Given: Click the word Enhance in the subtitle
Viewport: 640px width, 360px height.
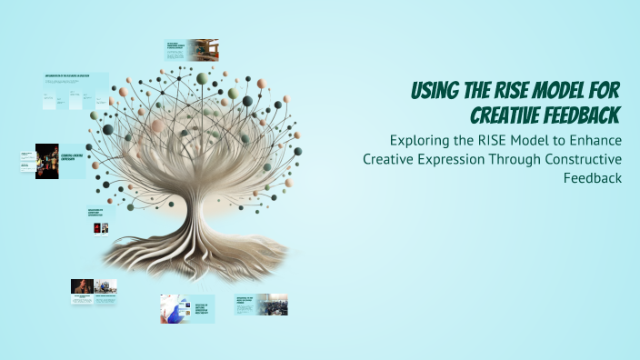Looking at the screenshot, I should [594, 141].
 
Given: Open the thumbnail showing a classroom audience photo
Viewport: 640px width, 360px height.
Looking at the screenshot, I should [262, 304].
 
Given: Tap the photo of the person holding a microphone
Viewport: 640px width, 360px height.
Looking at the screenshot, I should [83, 286].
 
